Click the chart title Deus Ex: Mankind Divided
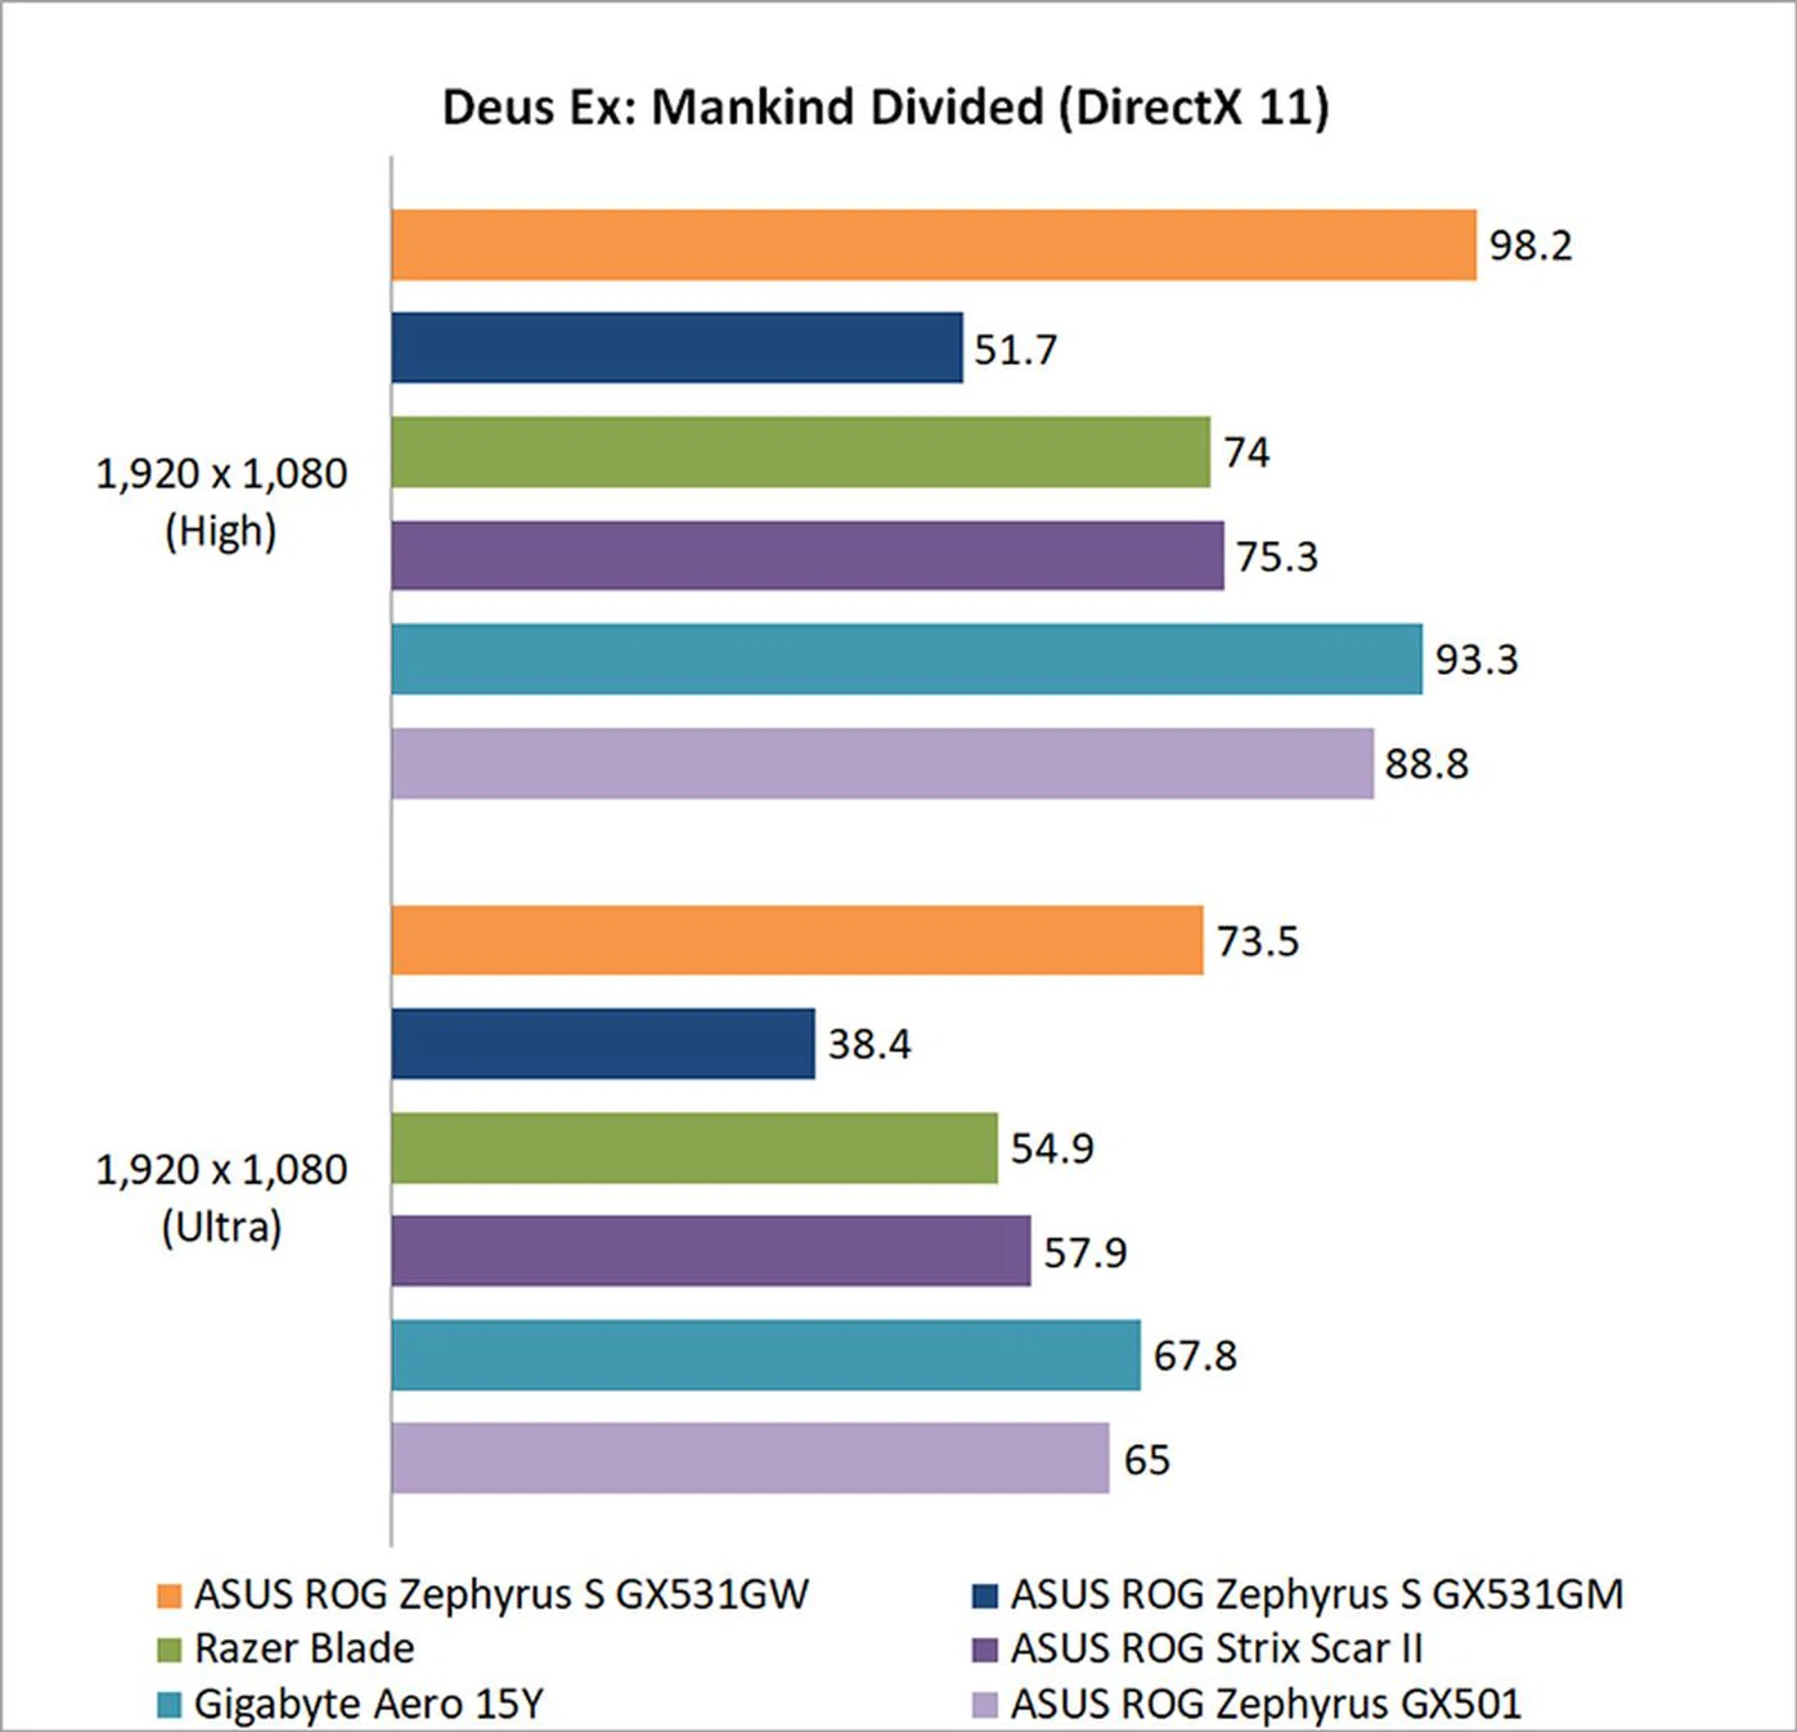884,107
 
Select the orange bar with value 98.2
933,244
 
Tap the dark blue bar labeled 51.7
677,348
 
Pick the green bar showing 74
800,452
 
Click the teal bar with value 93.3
906,659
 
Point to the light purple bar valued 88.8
882,763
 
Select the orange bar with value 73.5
796,940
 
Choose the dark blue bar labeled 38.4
603,1043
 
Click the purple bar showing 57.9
710,1251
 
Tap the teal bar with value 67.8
766,1355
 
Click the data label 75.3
1277,557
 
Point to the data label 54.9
1052,1148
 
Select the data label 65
1147,1460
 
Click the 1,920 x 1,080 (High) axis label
222,503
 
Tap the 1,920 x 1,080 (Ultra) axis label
222,1198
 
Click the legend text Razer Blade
304,1649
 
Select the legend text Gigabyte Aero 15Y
368,1704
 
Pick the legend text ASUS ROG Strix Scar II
1216,1649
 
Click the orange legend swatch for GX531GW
169,1595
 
